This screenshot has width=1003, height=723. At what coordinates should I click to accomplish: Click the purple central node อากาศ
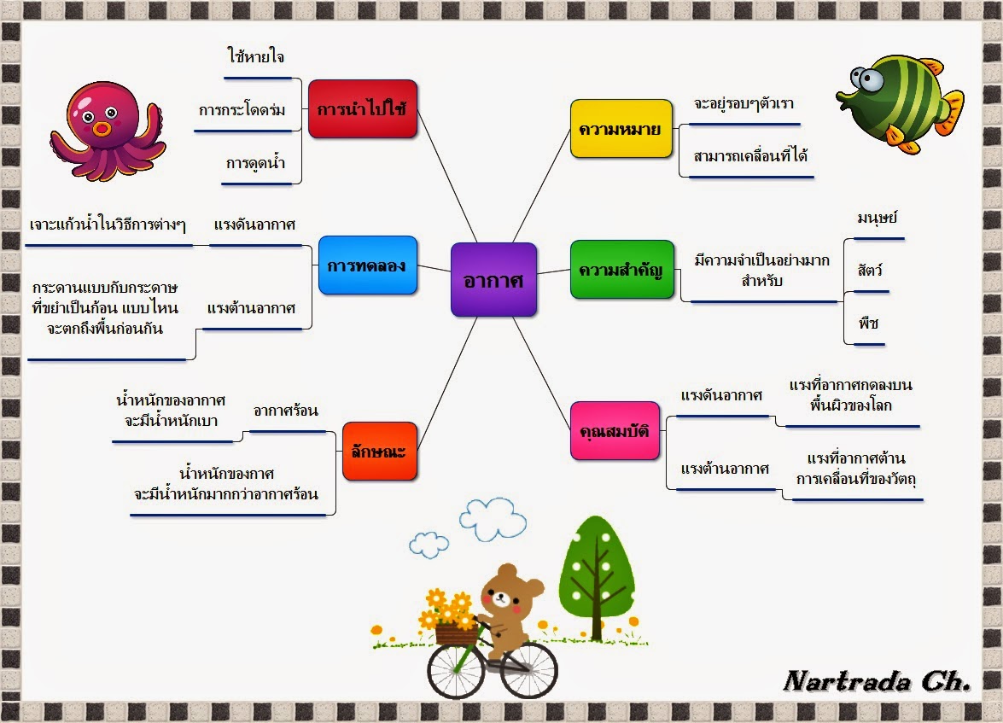[493, 279]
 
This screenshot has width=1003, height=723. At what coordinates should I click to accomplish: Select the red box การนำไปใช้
[362, 109]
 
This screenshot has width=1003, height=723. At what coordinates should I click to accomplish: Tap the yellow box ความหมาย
[621, 128]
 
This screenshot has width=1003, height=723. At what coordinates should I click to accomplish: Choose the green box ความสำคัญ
[621, 271]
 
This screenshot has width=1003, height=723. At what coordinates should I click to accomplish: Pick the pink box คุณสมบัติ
[615, 430]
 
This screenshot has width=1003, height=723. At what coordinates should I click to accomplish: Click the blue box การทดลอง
[367, 265]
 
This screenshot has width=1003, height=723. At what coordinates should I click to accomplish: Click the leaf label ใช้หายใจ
[256, 57]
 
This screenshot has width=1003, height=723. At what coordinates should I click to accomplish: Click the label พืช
[869, 324]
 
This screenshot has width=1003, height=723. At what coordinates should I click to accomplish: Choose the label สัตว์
[870, 271]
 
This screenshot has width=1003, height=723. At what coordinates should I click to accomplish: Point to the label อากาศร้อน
[286, 411]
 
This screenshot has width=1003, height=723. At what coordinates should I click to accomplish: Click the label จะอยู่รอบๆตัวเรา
[744, 103]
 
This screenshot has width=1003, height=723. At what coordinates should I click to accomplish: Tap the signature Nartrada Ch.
[877, 680]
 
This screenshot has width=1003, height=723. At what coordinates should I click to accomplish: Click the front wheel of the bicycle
[455, 670]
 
